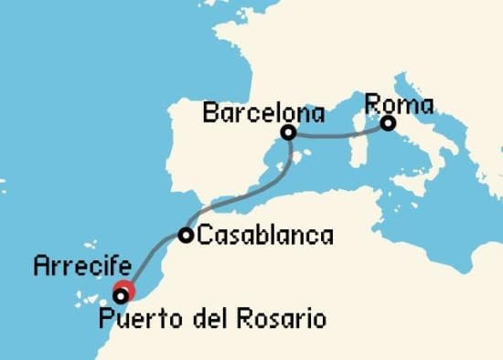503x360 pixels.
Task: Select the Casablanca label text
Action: tap(265, 236)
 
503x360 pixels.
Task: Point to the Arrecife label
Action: tap(70, 267)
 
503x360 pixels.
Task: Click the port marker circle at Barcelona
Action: tap(288, 132)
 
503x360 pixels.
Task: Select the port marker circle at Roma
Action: tap(388, 122)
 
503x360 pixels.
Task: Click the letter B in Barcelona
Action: tap(208, 113)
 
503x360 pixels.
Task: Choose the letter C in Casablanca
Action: tap(205, 236)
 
